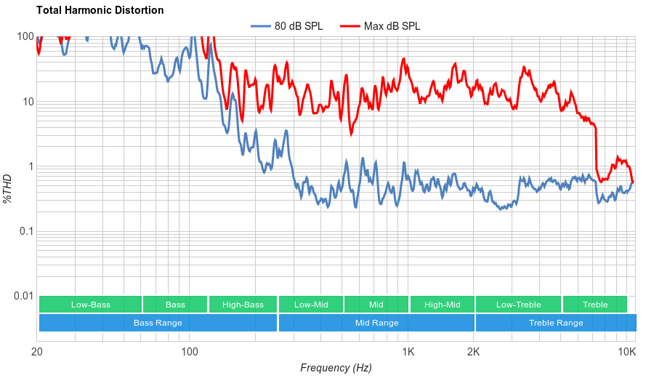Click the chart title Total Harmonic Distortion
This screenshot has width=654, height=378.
100,10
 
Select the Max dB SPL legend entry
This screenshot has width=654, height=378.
392,26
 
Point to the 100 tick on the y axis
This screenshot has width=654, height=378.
25,37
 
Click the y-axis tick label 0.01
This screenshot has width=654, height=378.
23,296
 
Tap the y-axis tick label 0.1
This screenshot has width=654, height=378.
25,231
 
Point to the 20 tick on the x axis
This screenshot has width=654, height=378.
36,351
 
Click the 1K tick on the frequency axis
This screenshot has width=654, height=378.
408,351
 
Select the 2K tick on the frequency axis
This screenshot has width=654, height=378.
474,351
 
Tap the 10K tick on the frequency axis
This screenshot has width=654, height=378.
627,351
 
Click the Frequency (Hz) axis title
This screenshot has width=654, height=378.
336,368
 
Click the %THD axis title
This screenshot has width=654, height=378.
8,188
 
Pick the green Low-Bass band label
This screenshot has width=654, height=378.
91,305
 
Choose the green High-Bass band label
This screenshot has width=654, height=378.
243,305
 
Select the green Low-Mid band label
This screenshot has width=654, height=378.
311,305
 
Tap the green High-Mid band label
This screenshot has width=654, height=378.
443,305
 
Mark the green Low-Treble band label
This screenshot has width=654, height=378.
518,305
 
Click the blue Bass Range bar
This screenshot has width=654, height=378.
158,323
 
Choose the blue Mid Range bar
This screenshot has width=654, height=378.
376,323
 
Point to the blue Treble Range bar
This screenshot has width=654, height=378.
556,323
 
